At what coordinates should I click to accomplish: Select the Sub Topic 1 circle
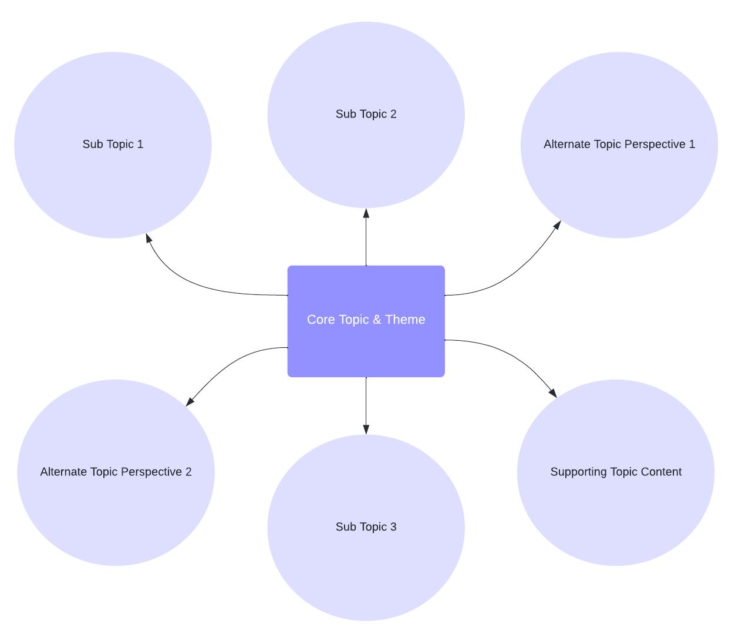(113, 176)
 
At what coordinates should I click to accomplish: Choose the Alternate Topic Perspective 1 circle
(619, 182)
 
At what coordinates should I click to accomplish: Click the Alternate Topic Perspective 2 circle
(116, 505)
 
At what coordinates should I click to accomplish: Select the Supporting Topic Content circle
(616, 505)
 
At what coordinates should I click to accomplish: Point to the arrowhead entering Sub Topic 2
(366, 213)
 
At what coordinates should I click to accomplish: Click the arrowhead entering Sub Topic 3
(366, 429)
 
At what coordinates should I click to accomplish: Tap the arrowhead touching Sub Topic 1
(149, 238)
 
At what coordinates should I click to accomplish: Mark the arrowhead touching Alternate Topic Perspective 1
(557, 225)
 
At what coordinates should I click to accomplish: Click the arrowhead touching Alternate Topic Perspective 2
(190, 402)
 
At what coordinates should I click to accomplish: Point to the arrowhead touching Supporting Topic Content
(552, 393)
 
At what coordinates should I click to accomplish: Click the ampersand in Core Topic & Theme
(377, 320)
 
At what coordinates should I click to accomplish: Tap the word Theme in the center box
(405, 320)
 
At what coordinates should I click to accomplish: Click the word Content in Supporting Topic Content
(662, 472)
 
